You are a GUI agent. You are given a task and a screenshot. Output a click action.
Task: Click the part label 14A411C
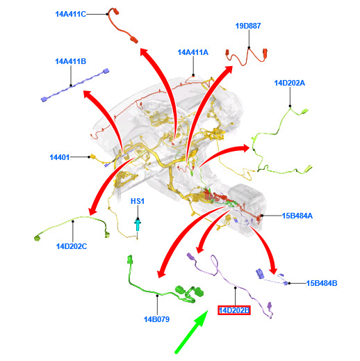click(71, 14)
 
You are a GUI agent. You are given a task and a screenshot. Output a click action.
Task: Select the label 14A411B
click(71, 61)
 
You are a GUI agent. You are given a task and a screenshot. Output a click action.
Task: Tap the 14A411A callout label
click(193, 52)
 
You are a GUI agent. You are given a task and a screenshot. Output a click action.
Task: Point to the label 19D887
click(248, 26)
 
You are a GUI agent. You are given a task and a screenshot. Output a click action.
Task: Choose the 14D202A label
click(290, 83)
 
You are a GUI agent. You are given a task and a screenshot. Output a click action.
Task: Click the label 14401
click(60, 157)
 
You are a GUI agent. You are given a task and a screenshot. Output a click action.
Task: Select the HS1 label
click(138, 201)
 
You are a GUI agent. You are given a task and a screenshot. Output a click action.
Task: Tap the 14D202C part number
click(72, 246)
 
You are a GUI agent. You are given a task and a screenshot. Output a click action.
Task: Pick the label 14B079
click(157, 319)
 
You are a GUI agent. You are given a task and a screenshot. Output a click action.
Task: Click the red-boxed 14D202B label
click(234, 310)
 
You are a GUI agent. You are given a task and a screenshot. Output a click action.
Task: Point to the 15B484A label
click(297, 216)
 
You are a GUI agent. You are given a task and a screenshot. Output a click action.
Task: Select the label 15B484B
click(322, 283)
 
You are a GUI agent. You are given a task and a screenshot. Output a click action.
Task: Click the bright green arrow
click(191, 332)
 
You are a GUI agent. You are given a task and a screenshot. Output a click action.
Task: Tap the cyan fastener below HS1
click(138, 225)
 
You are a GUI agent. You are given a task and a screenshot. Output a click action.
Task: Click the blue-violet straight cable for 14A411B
click(75, 85)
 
